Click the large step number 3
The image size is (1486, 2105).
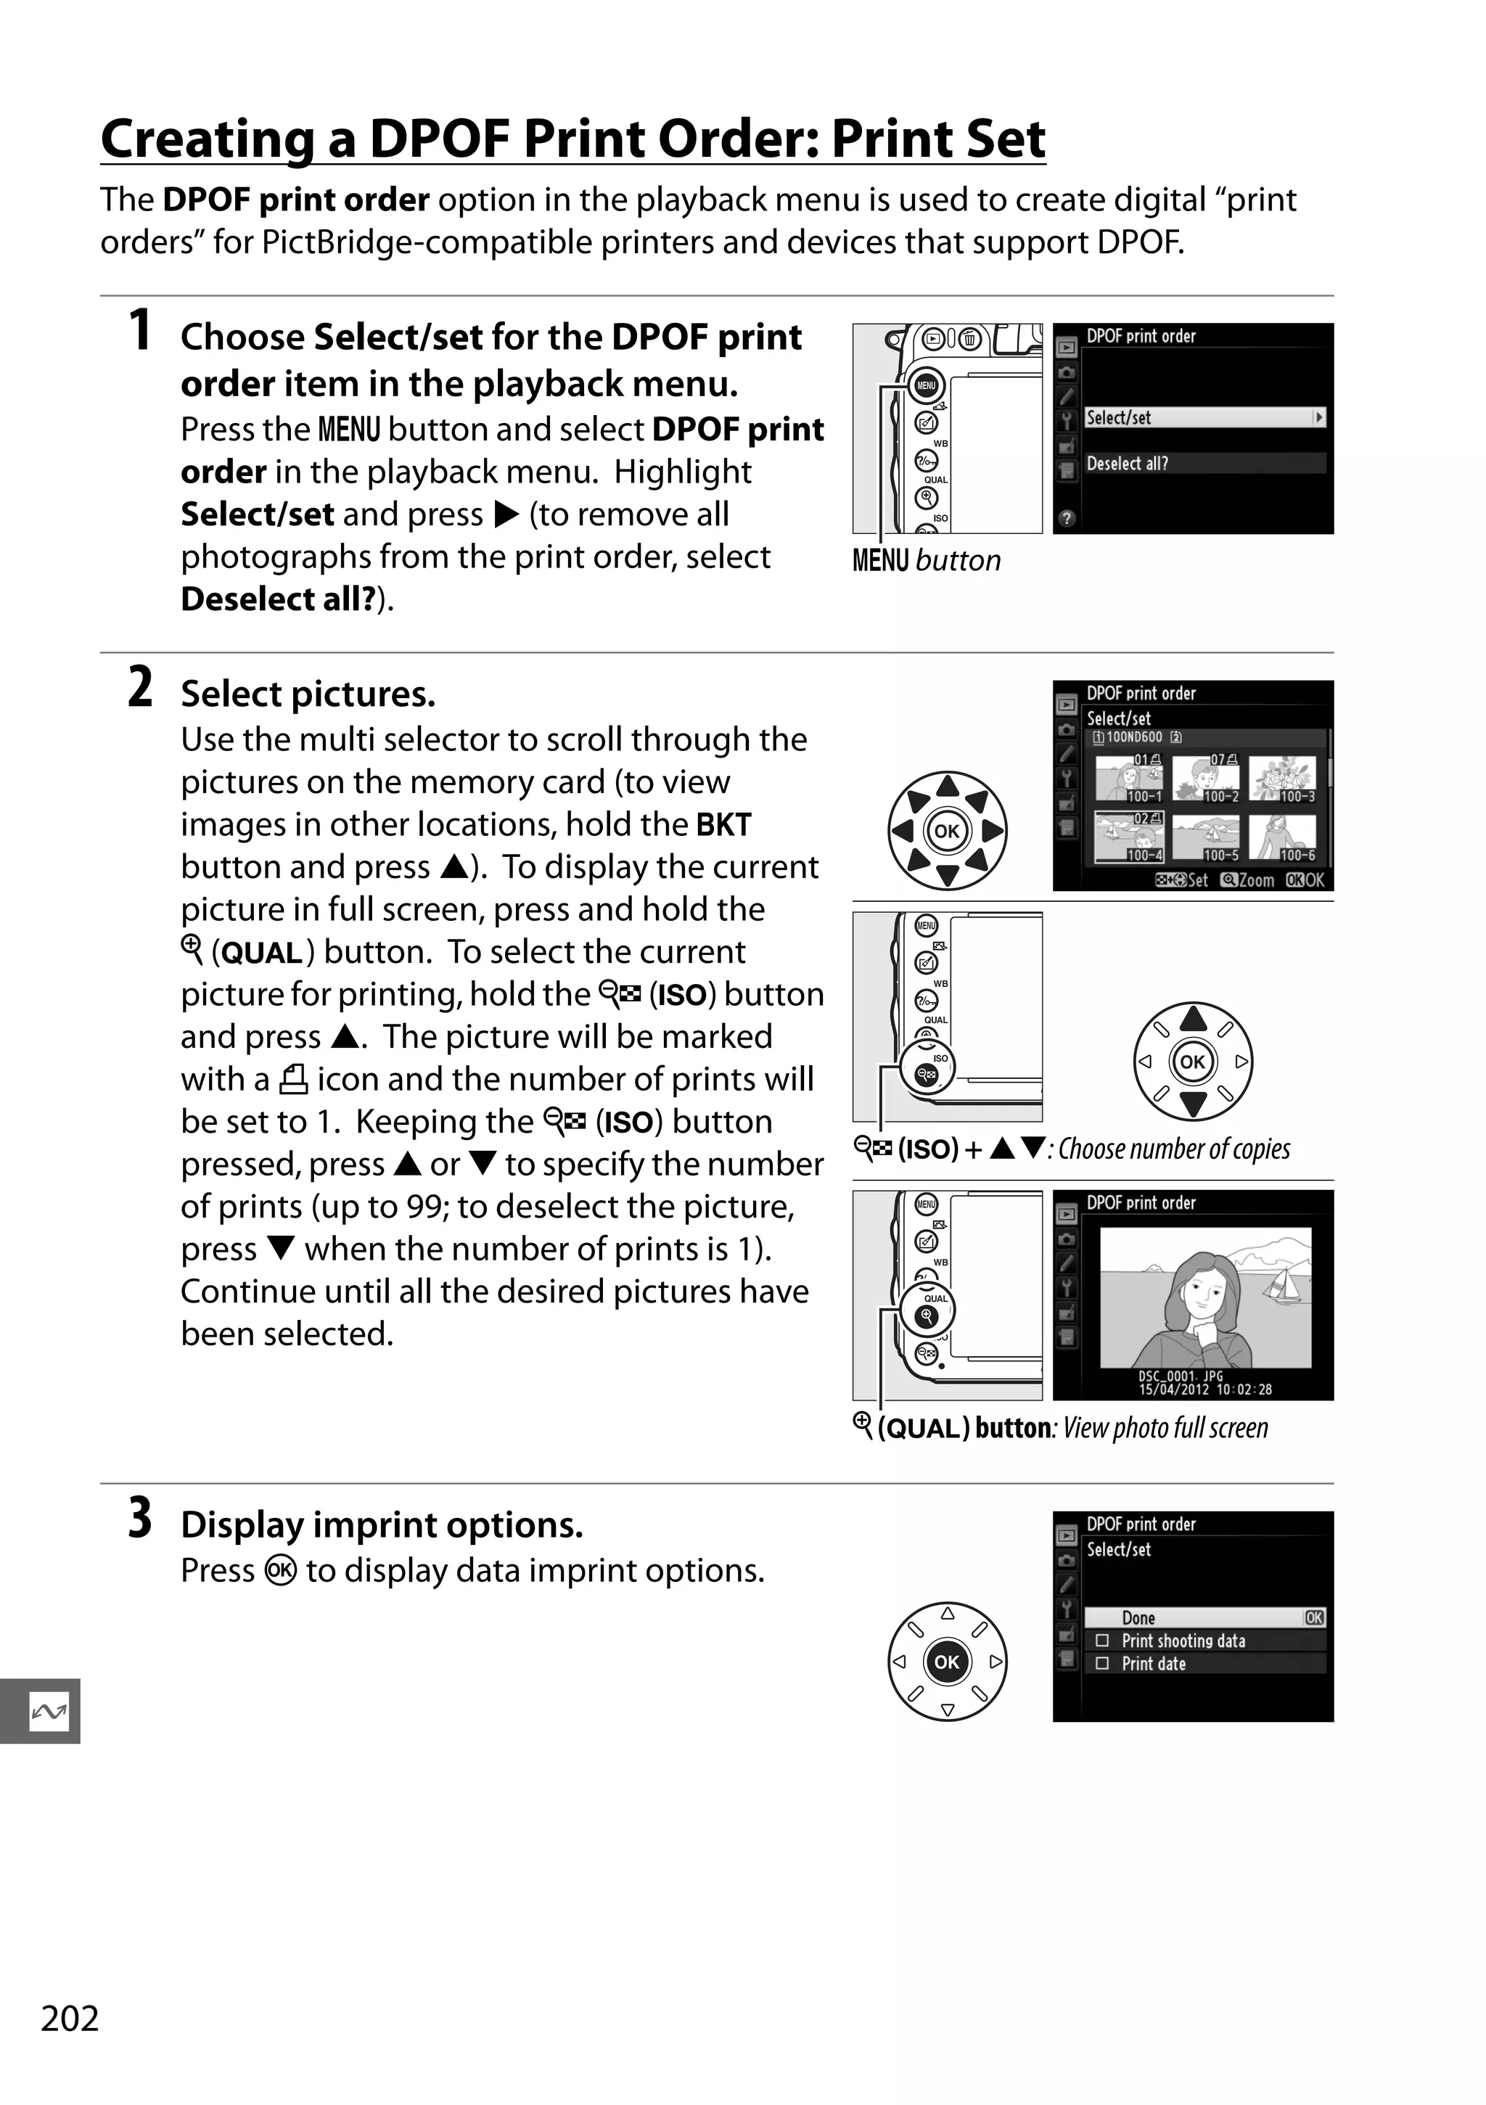pyautogui.click(x=139, y=1517)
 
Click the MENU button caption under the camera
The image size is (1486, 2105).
pyautogui.click(x=926, y=560)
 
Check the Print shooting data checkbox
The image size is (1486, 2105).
pyautogui.click(x=1103, y=1640)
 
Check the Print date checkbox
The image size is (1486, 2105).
pyautogui.click(x=1103, y=1663)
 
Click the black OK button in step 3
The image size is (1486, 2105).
pyautogui.click(x=947, y=1661)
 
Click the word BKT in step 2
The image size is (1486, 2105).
pyautogui.click(x=723, y=824)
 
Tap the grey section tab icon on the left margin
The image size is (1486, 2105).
pyautogui.click(x=48, y=1711)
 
